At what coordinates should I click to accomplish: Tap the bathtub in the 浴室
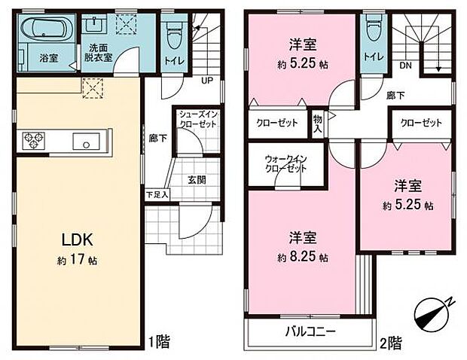44,32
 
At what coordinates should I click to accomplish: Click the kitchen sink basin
84,140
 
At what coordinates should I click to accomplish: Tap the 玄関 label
195,180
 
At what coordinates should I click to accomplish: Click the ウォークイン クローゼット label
285,163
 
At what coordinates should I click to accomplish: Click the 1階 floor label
159,342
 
